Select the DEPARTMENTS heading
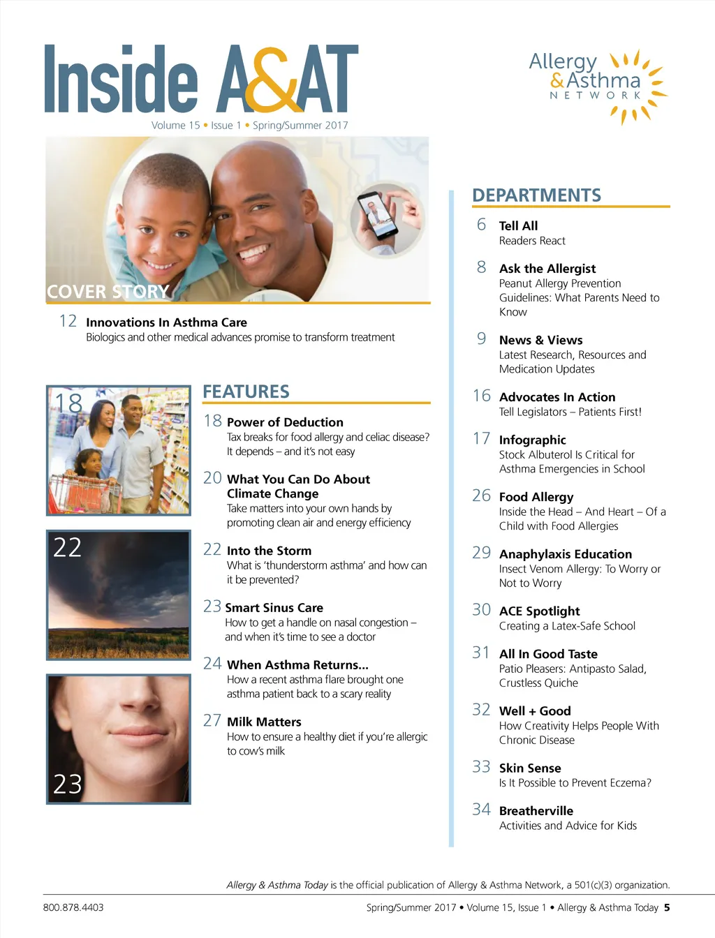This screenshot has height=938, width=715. click(536, 195)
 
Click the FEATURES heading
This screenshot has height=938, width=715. click(246, 392)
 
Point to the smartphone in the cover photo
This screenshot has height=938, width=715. click(378, 215)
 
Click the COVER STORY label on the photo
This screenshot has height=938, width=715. click(108, 291)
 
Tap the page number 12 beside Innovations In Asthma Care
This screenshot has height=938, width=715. click(68, 321)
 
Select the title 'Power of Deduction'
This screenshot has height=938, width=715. click(285, 422)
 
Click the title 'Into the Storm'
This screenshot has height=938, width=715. click(269, 551)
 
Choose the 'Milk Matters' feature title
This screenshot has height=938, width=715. click(264, 722)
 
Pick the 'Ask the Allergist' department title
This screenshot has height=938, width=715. click(547, 269)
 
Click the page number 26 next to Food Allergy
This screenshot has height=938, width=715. click(482, 496)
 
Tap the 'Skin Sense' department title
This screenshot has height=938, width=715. click(530, 768)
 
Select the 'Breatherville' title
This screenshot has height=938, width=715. click(536, 811)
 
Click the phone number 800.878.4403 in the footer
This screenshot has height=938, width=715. click(73, 907)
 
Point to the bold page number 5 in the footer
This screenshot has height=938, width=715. click(667, 907)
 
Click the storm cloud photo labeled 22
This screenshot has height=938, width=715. click(119, 595)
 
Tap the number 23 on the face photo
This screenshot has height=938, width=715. click(68, 784)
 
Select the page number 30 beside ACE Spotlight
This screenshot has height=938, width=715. click(482, 610)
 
